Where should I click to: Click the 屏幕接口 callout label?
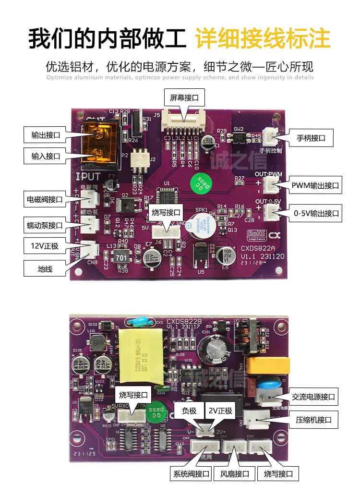coord(184,99)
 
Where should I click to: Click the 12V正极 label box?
coord(42,246)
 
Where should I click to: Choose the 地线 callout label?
coord(42,269)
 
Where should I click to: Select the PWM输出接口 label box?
coord(315,185)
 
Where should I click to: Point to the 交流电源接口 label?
coord(313,397)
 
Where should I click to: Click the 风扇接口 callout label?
coord(234,474)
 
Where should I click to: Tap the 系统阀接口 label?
coord(191,474)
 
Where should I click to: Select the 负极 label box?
coord(189,411)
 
